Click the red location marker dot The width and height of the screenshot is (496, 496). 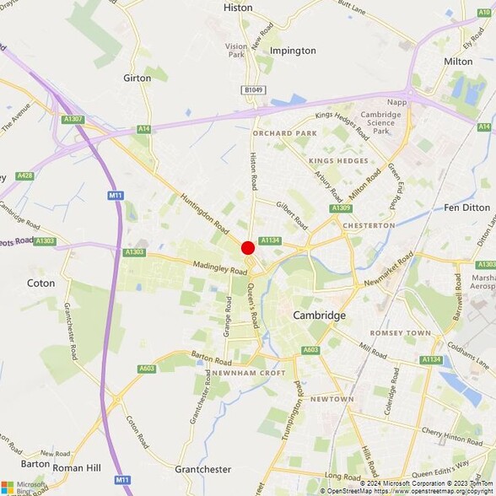tap(248, 248)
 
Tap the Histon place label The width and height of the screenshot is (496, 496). tap(238, 8)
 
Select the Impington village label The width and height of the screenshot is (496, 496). tap(293, 51)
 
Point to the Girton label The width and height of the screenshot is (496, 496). tap(137, 78)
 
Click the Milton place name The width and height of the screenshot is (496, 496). tap(458, 62)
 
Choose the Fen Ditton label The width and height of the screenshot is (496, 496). tap(466, 207)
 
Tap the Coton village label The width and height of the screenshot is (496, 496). tap(40, 283)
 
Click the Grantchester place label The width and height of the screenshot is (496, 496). tap(202, 469)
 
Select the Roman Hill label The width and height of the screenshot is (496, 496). tap(77, 466)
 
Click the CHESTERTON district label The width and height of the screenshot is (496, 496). tap(369, 225)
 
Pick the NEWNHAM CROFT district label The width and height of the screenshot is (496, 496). tap(249, 372)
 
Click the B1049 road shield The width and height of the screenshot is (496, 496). tap(253, 89)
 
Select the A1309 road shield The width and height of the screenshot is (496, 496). tap(341, 208)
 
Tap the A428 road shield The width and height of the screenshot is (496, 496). tap(24, 175)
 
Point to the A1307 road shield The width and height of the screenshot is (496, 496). tap(73, 120)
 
